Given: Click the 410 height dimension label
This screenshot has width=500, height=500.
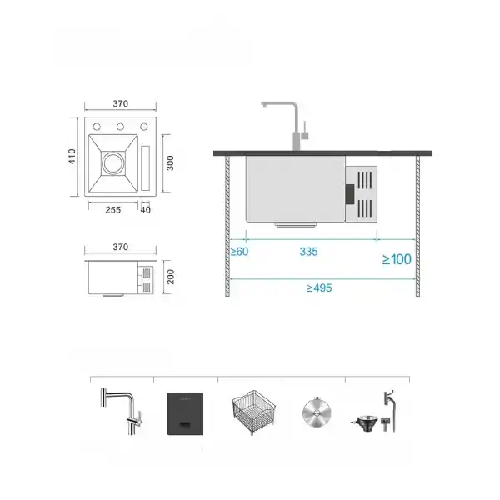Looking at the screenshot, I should [73, 156].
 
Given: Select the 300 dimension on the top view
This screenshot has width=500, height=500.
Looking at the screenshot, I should [169, 162].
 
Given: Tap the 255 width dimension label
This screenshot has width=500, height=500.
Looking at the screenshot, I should [114, 209].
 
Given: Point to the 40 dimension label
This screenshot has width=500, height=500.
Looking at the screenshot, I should [146, 209].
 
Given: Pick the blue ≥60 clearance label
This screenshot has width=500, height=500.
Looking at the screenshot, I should [240, 251].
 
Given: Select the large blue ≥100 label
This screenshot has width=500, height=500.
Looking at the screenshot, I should [397, 259].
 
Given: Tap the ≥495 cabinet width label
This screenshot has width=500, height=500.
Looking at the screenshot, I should [319, 287].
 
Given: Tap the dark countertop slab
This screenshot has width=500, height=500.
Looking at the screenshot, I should [325, 152].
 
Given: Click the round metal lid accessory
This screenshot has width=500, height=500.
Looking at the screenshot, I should [315, 411].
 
